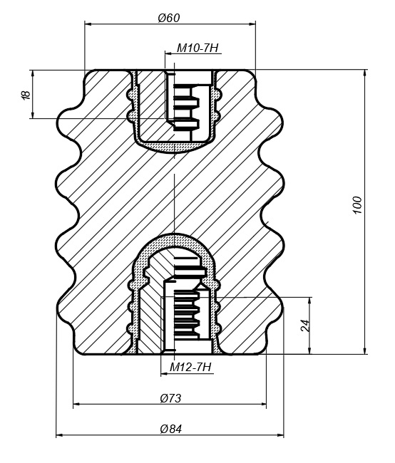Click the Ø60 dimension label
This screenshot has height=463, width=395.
pos(169,18)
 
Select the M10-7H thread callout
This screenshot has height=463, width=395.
pos(197,48)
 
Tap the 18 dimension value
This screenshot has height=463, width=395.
pos(26,95)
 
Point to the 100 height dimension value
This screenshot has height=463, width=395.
pos(357,204)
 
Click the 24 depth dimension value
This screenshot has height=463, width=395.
pos(305,326)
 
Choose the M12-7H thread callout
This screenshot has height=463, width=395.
pos(190,367)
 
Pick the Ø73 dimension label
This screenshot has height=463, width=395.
pos(170,398)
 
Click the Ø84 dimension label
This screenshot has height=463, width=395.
pos(171,428)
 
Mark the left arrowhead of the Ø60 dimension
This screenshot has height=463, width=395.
pos(88,24)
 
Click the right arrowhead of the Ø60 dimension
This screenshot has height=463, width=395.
pos(252,24)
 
